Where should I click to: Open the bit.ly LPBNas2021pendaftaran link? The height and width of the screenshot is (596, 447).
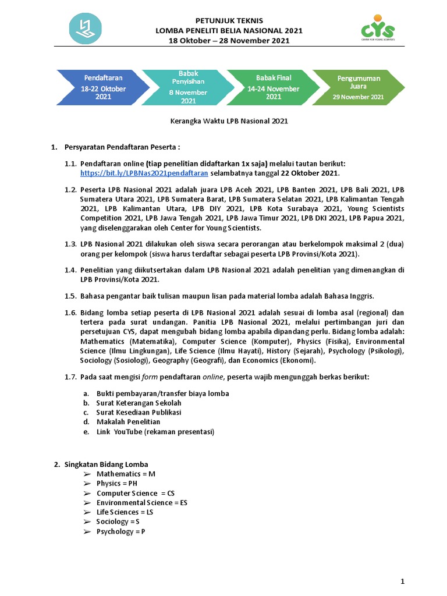pyautogui.click(x=144, y=173)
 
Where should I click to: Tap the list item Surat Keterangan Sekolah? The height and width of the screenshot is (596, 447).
pyautogui.click(x=139, y=403)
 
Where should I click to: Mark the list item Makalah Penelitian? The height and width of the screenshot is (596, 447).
pyautogui.click(x=128, y=421)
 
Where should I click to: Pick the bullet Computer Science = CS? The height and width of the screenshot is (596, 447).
pyautogui.click(x=135, y=493)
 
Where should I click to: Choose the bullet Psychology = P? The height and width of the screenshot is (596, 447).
pyautogui.click(x=120, y=531)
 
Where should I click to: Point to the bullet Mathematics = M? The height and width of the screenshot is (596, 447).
pyautogui.click(x=126, y=474)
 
